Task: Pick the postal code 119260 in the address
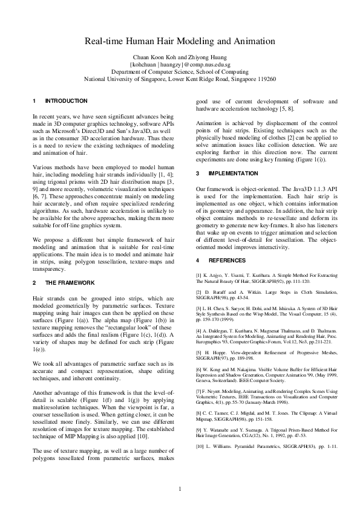[264, 79]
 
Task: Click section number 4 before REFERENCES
[198, 261]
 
